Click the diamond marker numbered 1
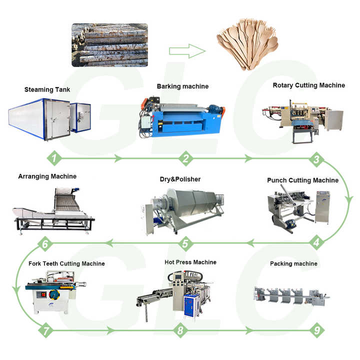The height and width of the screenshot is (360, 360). click(x=54, y=158)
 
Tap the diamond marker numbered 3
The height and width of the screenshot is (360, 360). click(x=315, y=160)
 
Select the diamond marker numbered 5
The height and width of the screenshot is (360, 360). click(x=185, y=244)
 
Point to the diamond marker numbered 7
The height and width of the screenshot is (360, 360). click(x=45, y=330)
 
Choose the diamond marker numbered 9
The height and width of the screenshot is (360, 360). click(x=315, y=330)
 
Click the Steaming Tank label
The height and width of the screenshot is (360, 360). click(x=47, y=90)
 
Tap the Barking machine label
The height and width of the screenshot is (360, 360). click(x=182, y=86)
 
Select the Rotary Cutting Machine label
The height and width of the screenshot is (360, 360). click(x=308, y=85)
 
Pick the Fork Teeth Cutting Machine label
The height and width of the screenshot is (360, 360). click(x=61, y=263)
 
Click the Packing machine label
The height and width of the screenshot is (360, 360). click(x=293, y=263)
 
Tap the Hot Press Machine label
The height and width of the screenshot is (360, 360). click(x=190, y=262)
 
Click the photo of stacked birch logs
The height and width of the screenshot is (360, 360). click(x=109, y=45)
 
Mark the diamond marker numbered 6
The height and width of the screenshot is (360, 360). click(x=45, y=244)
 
